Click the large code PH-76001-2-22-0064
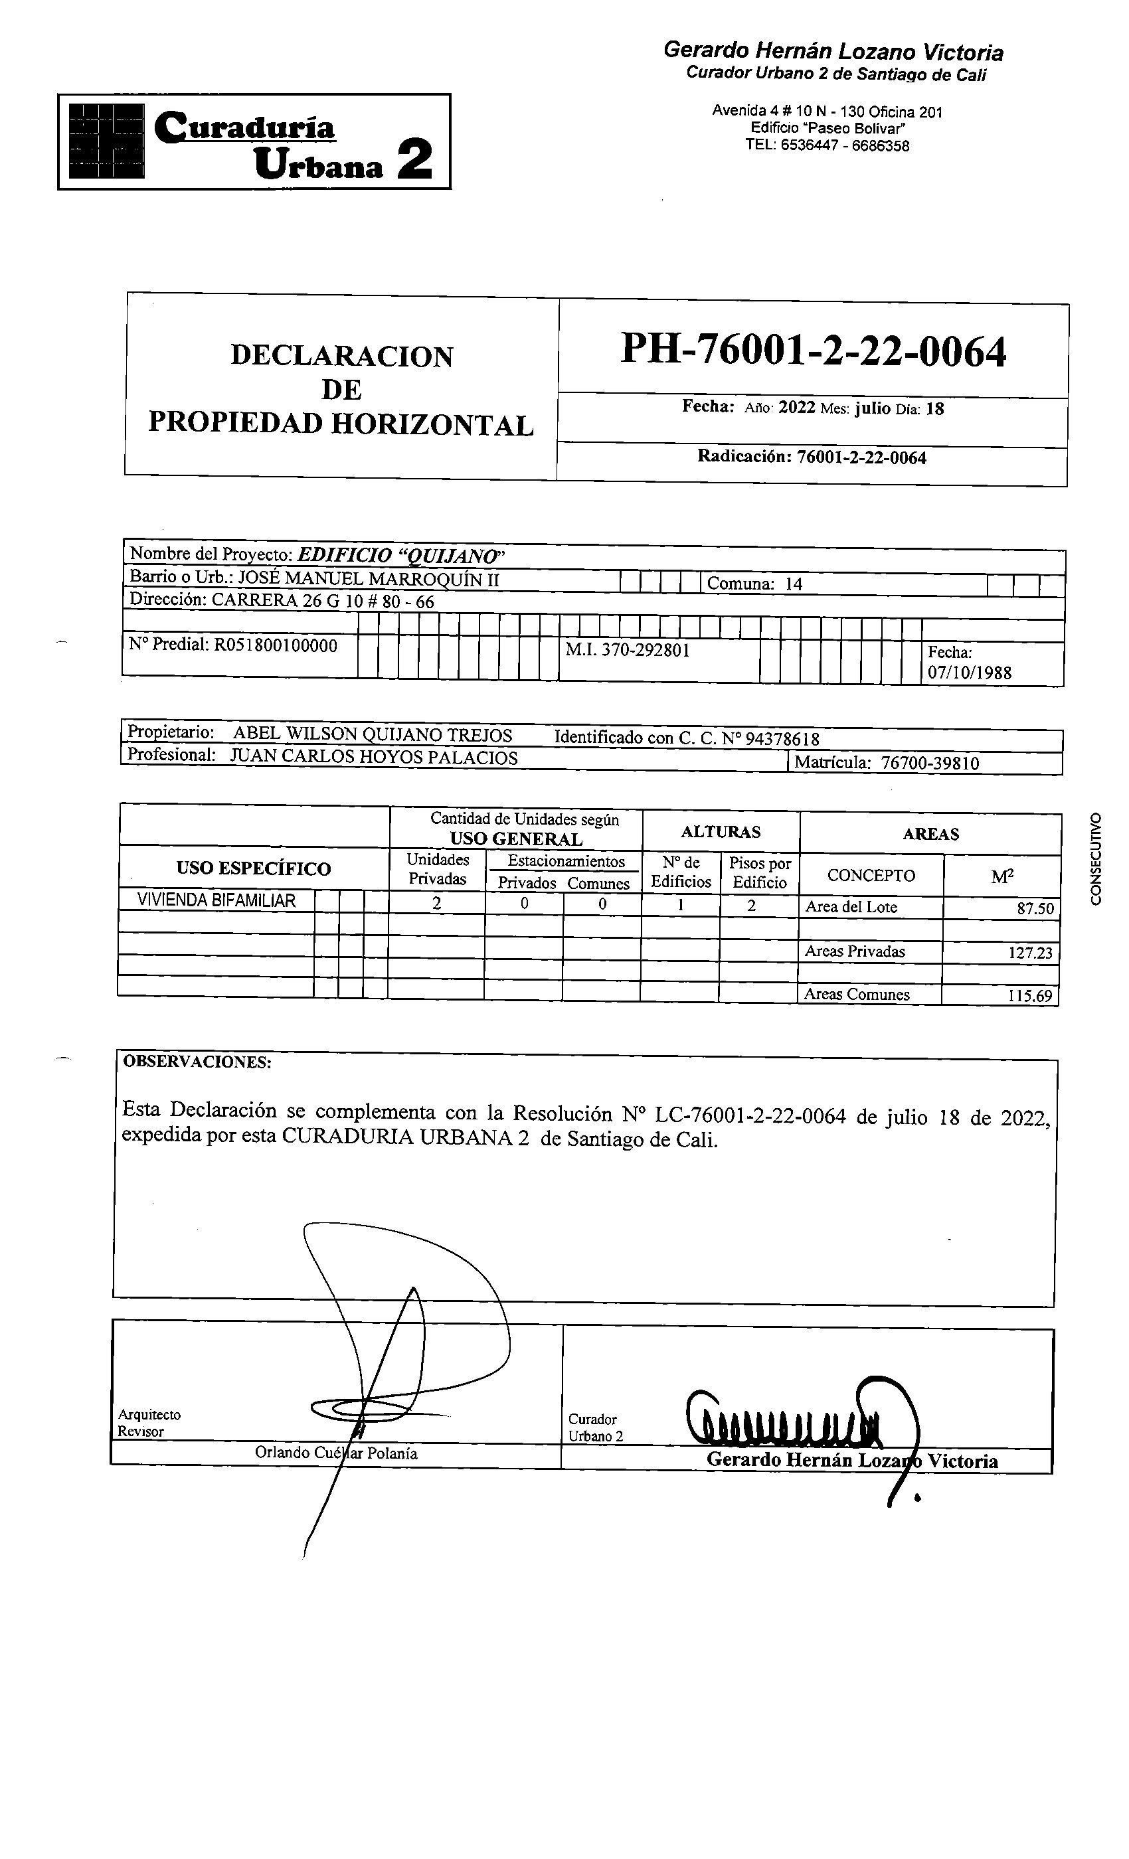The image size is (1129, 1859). (x=813, y=352)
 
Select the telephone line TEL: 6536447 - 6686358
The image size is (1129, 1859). (x=827, y=145)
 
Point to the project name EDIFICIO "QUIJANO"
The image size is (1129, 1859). (x=400, y=556)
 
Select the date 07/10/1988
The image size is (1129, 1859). (x=969, y=673)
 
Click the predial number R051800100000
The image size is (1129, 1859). (x=276, y=645)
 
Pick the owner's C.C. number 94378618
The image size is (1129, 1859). (x=782, y=738)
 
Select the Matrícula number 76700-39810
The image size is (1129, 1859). (x=930, y=764)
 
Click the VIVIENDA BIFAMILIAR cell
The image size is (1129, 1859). (x=216, y=900)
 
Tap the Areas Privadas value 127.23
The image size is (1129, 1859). (x=1030, y=953)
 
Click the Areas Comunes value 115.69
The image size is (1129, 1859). (x=1030, y=996)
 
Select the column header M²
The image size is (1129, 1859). (x=1002, y=876)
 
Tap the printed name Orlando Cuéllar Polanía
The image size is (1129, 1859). (x=336, y=1453)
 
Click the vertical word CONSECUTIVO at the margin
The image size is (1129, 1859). (x=1096, y=858)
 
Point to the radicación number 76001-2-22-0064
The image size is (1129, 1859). (x=861, y=458)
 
